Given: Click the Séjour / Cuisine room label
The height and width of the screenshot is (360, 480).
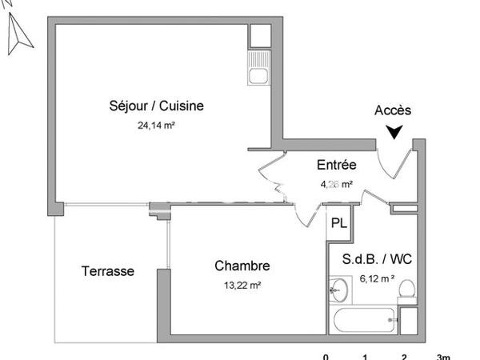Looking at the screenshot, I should click(157, 106).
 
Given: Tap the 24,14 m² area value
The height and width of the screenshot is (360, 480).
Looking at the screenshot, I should click(156, 124).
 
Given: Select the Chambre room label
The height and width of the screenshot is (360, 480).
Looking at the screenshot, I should click(242, 266).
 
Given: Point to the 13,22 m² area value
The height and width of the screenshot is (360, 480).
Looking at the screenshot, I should click(242, 284).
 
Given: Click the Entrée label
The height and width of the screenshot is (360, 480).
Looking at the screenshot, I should click(336, 166).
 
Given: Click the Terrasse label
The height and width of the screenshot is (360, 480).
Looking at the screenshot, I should click(108, 271).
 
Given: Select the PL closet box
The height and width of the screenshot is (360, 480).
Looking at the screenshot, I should click(338, 223).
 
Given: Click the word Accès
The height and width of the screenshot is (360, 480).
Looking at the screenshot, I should click(393, 110).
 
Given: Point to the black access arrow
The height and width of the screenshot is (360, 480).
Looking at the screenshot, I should click(393, 132).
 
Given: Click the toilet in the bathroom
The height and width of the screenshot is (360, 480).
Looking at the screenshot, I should click(406, 290).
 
